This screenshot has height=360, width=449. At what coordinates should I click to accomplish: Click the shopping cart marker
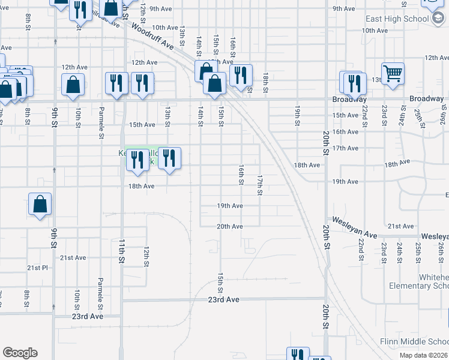(393, 74)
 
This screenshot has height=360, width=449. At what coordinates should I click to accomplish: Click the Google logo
(20, 353)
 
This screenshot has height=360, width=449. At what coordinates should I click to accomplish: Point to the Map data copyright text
(424, 355)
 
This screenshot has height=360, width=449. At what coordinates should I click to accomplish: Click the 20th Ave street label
(230, 226)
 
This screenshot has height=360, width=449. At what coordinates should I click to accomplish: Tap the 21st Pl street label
(37, 268)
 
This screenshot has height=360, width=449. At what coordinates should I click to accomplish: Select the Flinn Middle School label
(414, 341)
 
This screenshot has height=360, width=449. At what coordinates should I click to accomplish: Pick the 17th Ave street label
(345, 148)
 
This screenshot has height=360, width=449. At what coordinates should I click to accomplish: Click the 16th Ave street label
(345, 131)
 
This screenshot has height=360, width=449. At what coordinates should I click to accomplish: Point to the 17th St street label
(260, 185)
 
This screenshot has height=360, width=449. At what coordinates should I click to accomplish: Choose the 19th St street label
(297, 115)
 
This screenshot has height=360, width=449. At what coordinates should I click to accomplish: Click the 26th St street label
(440, 248)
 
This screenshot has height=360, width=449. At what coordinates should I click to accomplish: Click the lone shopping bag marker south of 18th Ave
(40, 204)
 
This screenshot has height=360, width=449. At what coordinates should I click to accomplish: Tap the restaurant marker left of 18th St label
(240, 76)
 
